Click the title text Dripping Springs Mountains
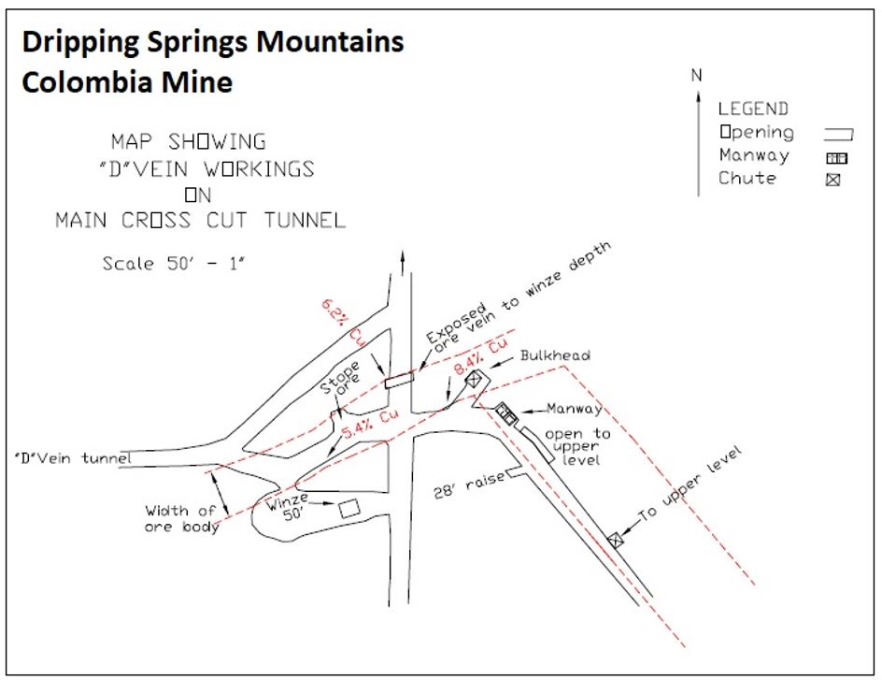point(213,42)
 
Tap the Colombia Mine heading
point(127,82)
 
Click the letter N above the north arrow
point(696,76)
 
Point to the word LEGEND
point(753,109)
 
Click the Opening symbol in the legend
point(839,134)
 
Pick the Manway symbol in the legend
point(836,158)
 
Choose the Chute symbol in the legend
point(832,180)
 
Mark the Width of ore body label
point(182,518)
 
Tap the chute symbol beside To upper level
point(615,540)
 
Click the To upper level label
point(692,482)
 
